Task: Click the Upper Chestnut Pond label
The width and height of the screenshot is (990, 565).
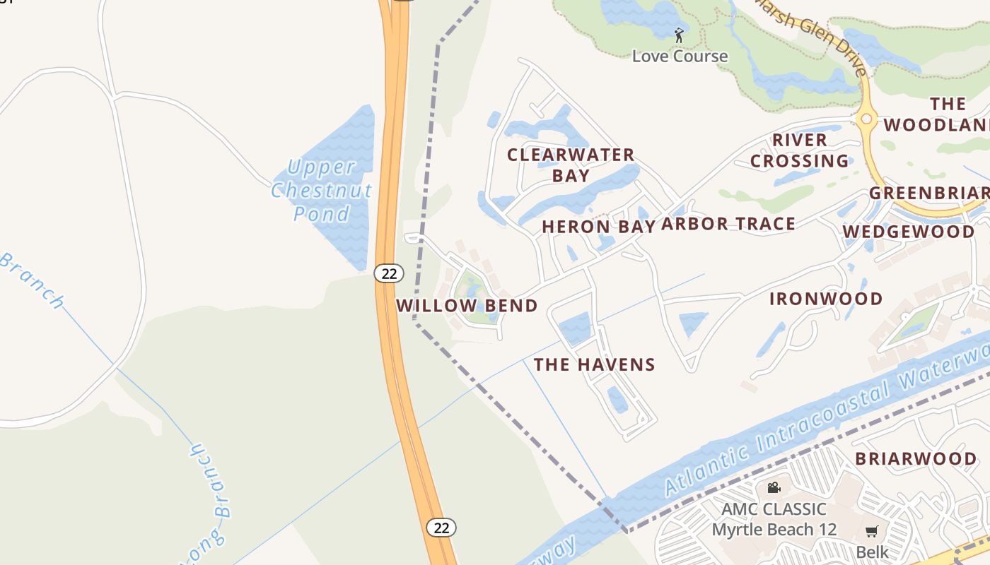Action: [322, 190]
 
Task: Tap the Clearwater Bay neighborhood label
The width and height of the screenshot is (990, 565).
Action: [571, 165]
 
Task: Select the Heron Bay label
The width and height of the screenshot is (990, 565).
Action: [598, 227]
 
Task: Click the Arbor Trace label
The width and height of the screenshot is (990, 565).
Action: [728, 224]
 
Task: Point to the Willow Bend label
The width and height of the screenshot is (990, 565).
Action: [467, 306]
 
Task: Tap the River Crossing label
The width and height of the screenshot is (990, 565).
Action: [800, 150]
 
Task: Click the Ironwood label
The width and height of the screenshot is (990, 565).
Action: [826, 299]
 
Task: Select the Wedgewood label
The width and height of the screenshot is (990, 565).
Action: [909, 232]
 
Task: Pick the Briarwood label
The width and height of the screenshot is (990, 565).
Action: [916, 458]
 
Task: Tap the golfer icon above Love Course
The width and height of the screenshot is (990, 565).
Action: [680, 35]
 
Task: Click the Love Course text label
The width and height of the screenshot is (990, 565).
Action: [680, 56]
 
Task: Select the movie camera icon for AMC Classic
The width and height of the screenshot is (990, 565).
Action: [774, 487]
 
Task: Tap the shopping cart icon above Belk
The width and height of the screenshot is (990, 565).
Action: [872, 531]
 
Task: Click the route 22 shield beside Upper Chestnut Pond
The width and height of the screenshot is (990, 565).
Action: [389, 273]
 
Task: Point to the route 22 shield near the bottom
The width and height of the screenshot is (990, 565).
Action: [441, 527]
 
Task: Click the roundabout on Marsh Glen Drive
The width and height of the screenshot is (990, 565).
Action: [866, 119]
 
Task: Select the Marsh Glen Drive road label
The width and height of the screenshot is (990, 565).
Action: [813, 39]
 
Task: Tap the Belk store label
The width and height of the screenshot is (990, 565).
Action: [872, 552]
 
